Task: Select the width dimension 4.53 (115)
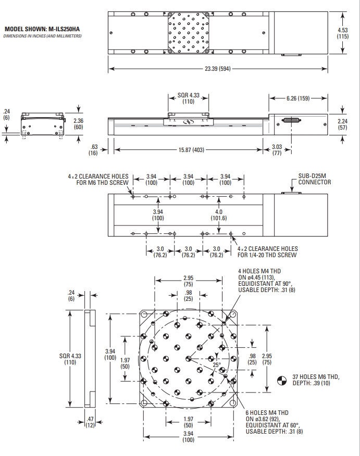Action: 342,33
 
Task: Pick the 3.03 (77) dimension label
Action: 277,150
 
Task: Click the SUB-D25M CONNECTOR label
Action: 314,179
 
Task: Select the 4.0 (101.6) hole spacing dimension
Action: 219,214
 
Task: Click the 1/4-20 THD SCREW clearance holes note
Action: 267,252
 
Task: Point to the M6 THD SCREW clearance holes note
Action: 98,179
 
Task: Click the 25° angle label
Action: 216,364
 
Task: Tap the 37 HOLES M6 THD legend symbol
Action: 281,381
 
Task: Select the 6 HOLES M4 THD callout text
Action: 267,422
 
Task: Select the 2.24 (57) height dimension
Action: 342,124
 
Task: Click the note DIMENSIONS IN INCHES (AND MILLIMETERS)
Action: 42,36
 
